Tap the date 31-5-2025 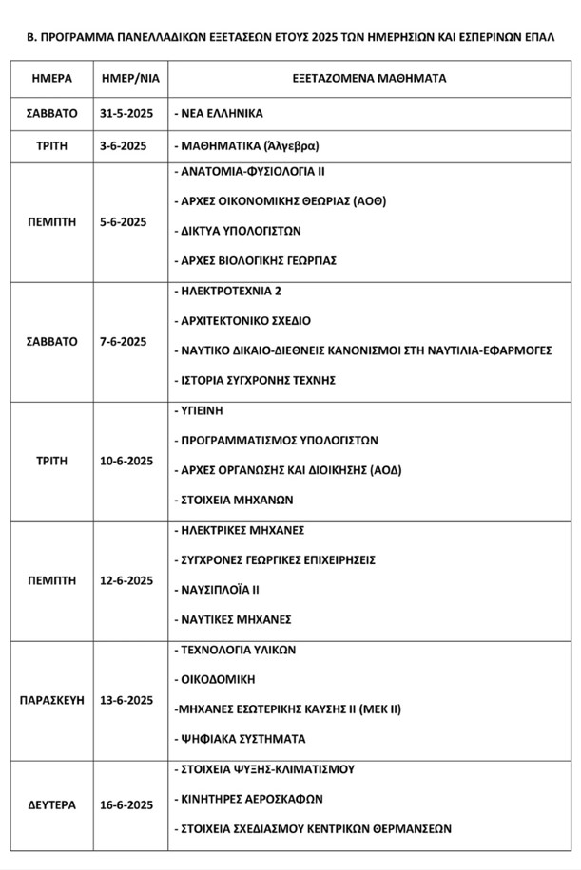126,113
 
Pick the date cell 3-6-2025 126,147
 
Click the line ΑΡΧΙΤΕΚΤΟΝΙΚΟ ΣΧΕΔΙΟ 243,321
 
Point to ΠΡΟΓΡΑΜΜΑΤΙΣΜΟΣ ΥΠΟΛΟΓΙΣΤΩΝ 277,441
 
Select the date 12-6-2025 126,580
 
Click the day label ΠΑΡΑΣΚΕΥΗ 51,700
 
